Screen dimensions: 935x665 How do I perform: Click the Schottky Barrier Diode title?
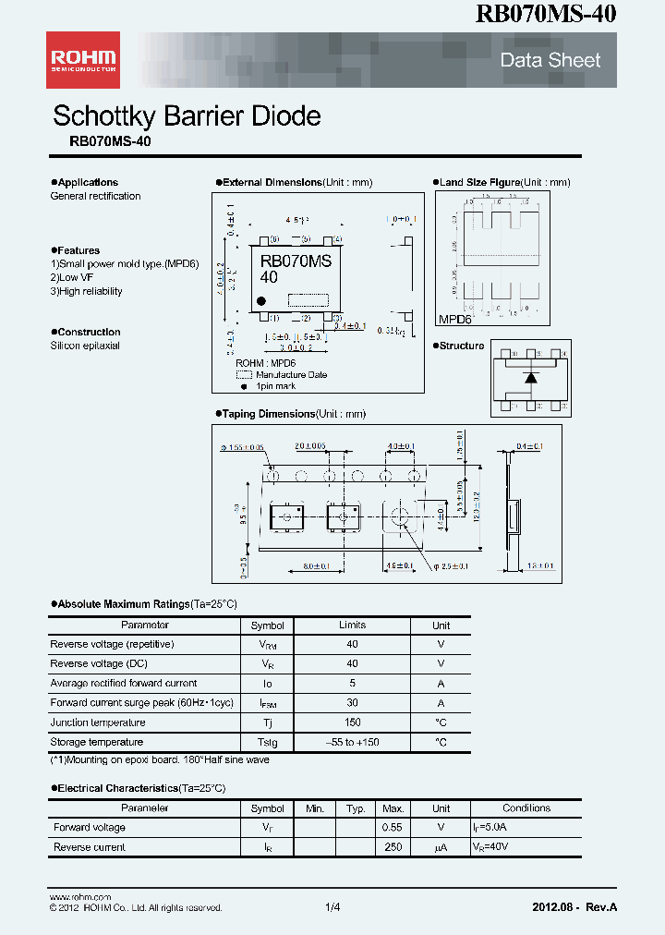pos(187,116)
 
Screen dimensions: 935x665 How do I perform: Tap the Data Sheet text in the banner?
pos(550,61)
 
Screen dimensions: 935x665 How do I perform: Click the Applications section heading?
pos(87,182)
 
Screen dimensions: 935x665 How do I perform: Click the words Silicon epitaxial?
pos(85,346)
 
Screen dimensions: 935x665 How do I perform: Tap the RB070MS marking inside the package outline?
pos(296,261)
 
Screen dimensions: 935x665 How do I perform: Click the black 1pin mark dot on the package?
pos(261,300)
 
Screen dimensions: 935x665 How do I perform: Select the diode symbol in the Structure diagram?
pos(530,378)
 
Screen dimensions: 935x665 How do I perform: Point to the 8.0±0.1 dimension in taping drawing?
pos(314,566)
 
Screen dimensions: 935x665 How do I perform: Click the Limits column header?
pos(352,625)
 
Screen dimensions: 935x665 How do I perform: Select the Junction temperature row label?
pos(98,722)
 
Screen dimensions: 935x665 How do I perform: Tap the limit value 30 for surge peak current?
pos(352,703)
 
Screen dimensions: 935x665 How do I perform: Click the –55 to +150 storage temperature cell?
pos(352,742)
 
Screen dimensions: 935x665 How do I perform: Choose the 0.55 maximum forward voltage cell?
pos(393,828)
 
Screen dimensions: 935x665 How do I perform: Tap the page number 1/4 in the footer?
pos(332,907)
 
